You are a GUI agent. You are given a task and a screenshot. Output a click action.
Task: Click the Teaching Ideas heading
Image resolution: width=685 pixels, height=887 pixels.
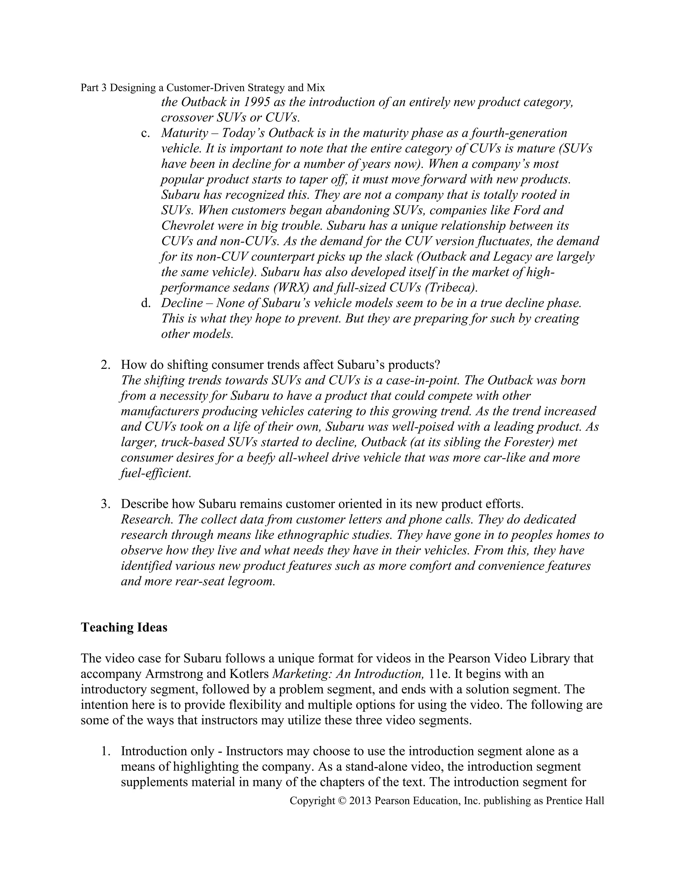point(124,628)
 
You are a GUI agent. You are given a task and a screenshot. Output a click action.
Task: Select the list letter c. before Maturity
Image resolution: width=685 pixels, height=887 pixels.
point(146,133)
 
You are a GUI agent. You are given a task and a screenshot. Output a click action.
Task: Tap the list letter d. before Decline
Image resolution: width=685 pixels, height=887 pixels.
point(146,303)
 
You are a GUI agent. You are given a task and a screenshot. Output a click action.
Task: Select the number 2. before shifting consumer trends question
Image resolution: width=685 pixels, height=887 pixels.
point(105,365)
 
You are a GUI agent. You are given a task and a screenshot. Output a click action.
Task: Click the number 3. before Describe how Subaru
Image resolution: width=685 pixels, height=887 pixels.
point(105,504)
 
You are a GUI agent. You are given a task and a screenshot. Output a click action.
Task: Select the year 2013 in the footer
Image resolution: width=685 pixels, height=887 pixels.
point(360,801)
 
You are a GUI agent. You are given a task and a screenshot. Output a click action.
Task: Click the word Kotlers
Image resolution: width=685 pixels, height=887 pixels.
point(249,674)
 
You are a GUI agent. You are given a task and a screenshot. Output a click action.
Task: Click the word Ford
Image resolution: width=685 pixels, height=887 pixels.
point(533,211)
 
